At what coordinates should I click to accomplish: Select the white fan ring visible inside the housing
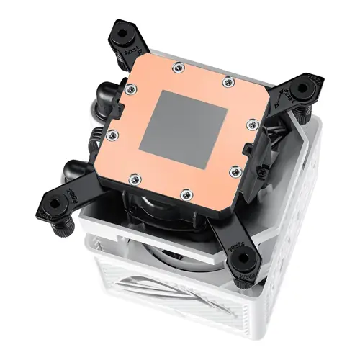(x=166, y=248)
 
